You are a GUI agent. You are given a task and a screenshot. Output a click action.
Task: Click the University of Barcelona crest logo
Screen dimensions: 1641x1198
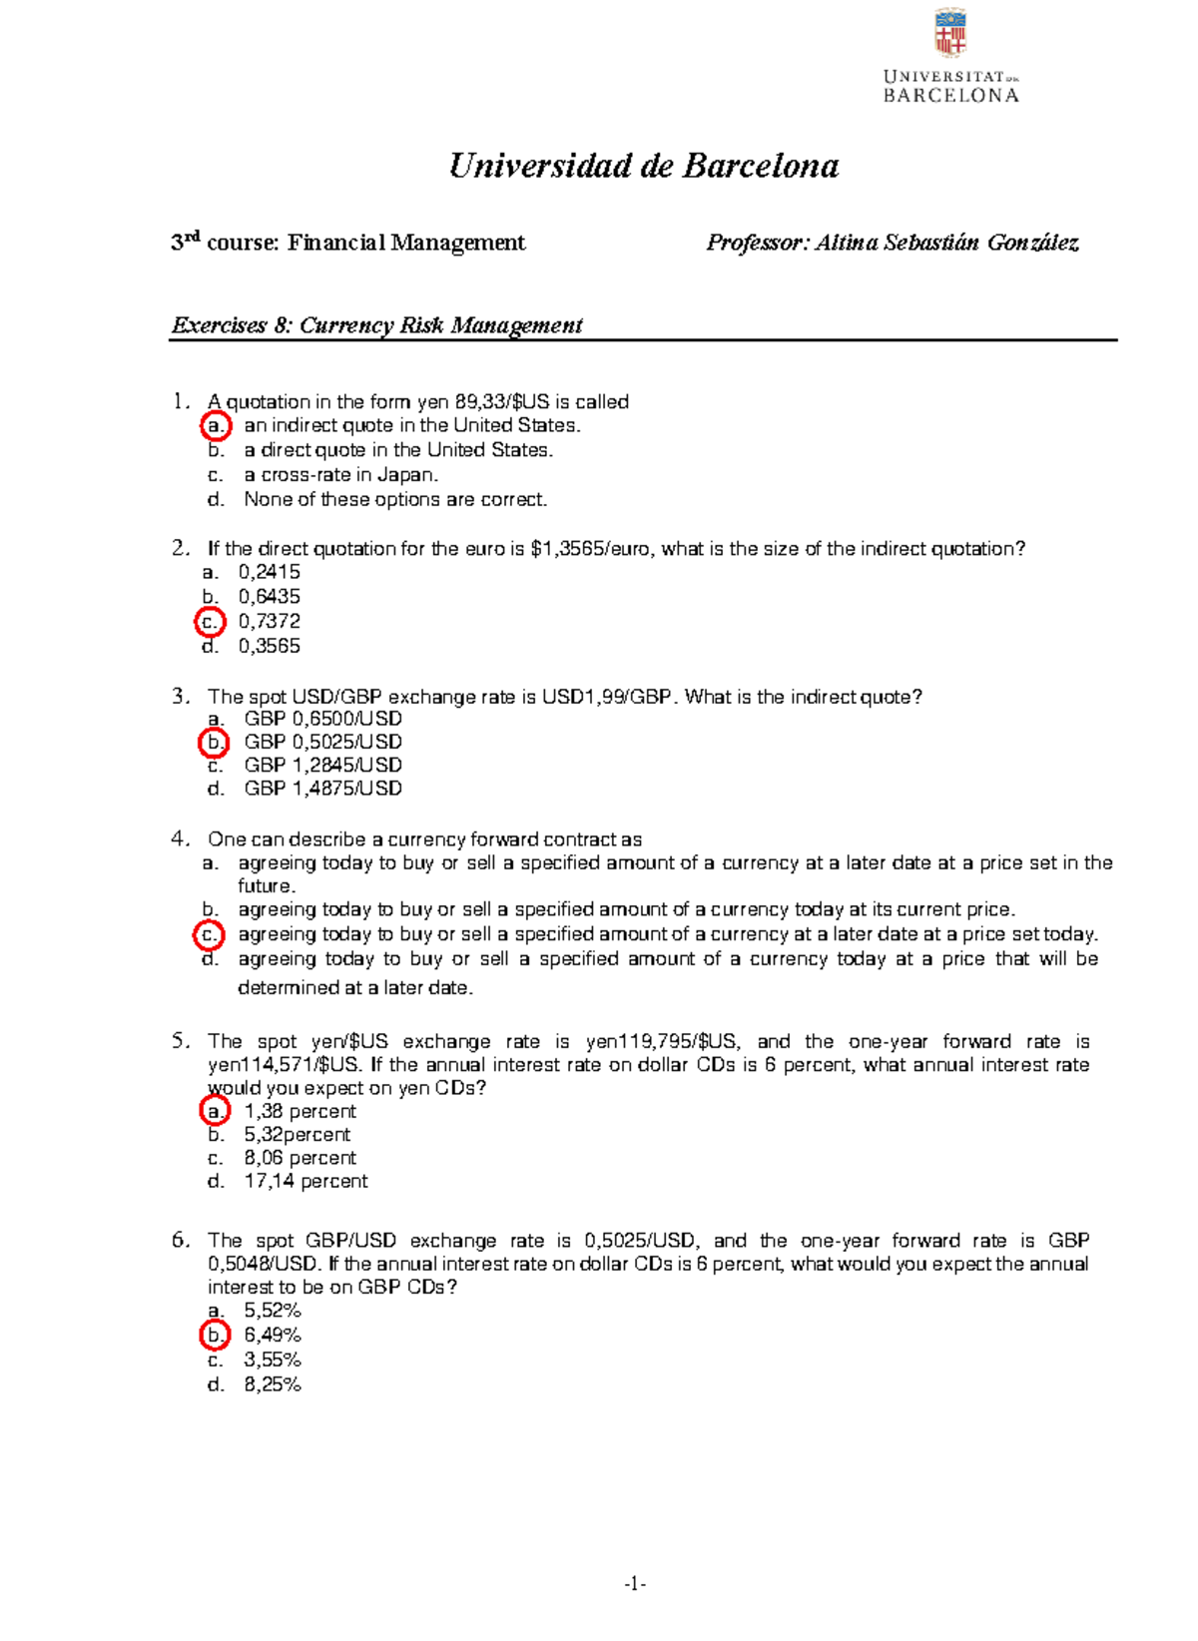tap(949, 33)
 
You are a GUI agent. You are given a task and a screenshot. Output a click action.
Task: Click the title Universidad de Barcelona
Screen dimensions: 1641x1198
tap(644, 166)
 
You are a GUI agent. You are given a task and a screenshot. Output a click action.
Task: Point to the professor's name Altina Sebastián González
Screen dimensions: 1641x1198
tap(946, 243)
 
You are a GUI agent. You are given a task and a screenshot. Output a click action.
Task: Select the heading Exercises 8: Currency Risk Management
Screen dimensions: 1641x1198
tap(376, 325)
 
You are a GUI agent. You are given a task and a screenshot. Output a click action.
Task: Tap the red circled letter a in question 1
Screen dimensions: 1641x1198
tap(216, 426)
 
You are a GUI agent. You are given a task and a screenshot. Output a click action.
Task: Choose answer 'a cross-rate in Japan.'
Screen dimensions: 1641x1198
tap(340, 475)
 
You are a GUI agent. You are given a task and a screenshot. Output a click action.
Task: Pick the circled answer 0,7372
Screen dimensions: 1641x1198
tap(269, 621)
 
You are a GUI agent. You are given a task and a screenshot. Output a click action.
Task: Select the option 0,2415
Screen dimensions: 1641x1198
tap(269, 572)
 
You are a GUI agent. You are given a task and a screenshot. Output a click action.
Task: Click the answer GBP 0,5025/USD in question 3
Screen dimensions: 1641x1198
tap(322, 742)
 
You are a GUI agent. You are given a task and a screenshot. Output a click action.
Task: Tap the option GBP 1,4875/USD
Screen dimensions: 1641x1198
tap(322, 789)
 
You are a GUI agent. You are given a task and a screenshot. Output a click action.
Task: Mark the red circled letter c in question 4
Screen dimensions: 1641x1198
tap(210, 935)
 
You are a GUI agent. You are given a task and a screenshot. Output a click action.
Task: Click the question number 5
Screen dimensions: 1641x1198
tap(180, 1041)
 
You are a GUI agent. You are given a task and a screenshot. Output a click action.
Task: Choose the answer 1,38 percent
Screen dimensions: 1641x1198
tap(299, 1111)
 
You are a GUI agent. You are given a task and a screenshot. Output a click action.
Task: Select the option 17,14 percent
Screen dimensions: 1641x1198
tap(305, 1181)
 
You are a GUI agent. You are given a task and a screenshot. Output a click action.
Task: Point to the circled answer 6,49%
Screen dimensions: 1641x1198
tap(272, 1335)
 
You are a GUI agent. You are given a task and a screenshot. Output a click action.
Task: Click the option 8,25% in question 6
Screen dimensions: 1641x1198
tap(272, 1384)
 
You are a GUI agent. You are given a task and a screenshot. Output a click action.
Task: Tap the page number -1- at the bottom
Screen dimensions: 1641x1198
tap(635, 1584)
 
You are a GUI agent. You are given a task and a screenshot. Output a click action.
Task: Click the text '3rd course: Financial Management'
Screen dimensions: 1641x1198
tap(347, 243)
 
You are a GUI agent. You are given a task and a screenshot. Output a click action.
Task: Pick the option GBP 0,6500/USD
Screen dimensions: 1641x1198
tap(322, 719)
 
